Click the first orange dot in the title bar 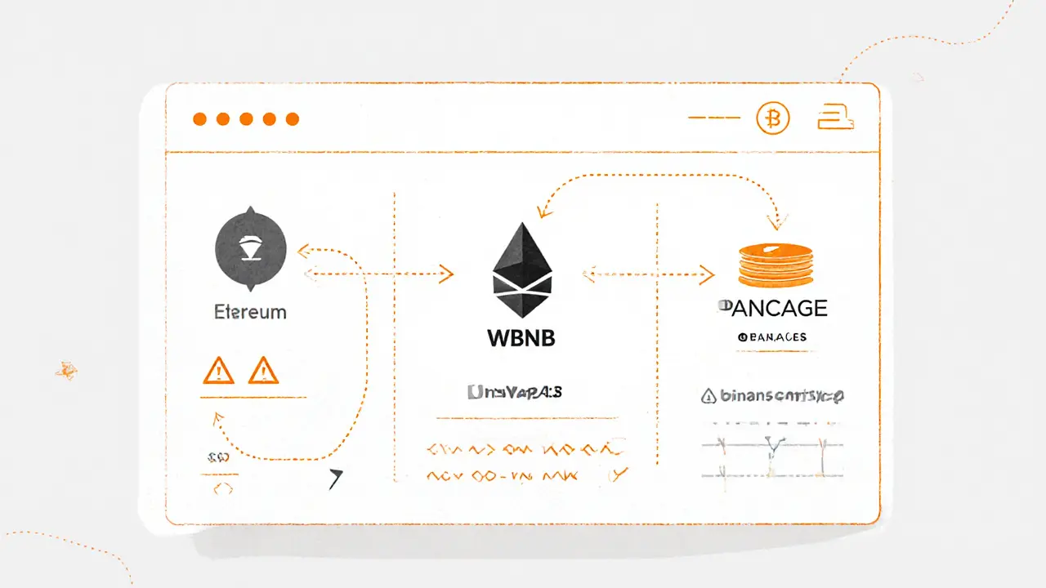[x=199, y=119]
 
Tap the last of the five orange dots [x=293, y=119]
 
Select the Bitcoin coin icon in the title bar [x=773, y=119]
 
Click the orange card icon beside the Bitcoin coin [x=835, y=118]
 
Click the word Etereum [x=250, y=312]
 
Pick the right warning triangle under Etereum [x=263, y=371]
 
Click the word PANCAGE [x=771, y=308]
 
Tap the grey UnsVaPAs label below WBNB [x=515, y=393]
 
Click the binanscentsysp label [x=773, y=396]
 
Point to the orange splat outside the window [x=65, y=370]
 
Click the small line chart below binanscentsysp [x=772, y=449]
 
